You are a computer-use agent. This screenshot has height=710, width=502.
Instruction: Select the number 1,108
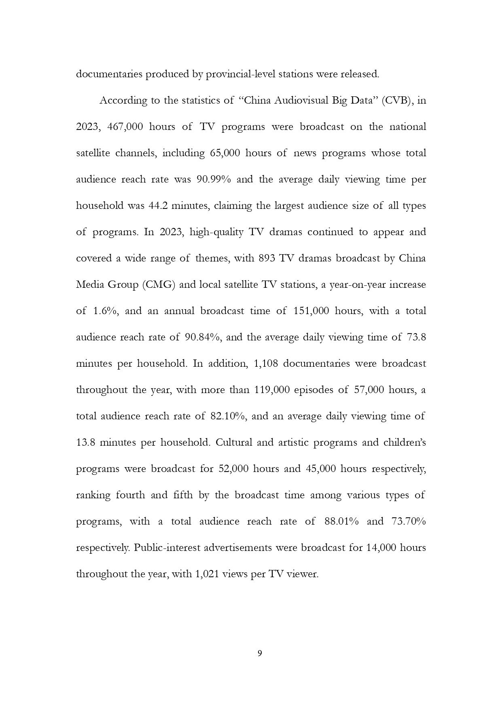coord(265,364)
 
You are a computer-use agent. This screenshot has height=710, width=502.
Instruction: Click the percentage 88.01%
coord(341,521)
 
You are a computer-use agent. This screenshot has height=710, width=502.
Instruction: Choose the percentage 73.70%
coord(409,521)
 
